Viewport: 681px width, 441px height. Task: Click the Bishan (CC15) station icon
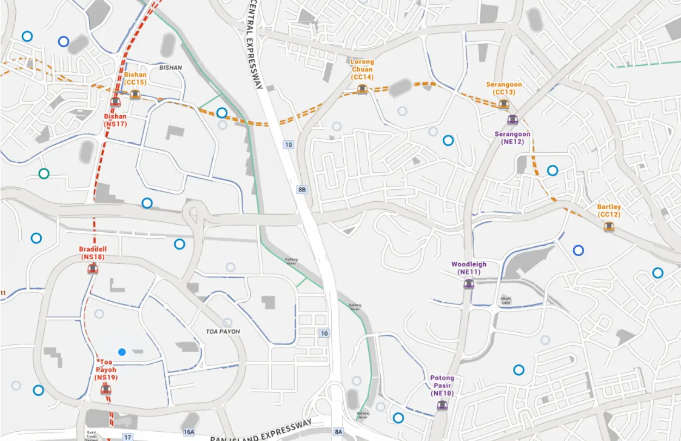(135, 94)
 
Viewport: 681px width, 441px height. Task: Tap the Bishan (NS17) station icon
(115, 102)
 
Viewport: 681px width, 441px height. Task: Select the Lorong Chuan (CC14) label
(362, 70)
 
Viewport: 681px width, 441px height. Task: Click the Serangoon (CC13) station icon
(504, 105)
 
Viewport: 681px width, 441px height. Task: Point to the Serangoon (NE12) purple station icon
(512, 120)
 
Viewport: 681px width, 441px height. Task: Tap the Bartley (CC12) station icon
(609, 227)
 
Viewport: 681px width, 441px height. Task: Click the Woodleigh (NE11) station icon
(469, 283)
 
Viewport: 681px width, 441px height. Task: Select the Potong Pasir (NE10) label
(442, 386)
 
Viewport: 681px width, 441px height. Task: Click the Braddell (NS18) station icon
(92, 269)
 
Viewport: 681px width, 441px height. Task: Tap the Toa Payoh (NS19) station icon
(106, 389)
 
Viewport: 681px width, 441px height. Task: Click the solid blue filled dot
(122, 352)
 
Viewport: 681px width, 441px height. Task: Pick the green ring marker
(44, 174)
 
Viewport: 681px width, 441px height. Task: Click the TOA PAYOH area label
(223, 331)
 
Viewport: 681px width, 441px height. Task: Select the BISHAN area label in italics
(171, 68)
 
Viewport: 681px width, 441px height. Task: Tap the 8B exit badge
(302, 189)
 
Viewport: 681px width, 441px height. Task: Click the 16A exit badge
(189, 432)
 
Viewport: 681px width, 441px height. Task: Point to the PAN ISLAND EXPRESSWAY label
(261, 431)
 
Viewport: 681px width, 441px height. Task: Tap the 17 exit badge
(128, 437)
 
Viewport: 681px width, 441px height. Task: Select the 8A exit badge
(339, 432)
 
